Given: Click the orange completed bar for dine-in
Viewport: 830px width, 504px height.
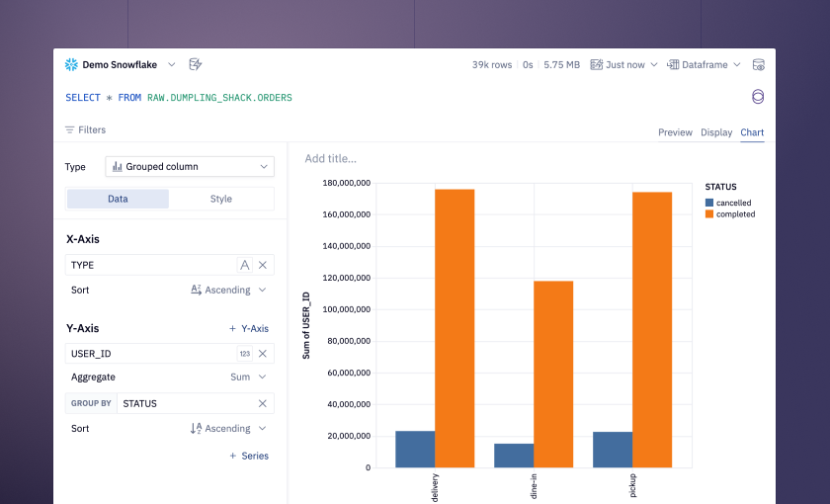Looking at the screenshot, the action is (553, 375).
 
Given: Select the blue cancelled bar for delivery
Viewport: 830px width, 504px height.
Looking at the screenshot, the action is (415, 450).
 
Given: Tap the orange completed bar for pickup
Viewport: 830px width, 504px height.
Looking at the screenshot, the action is (652, 330).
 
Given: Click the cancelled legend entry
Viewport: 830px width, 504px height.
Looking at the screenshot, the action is (728, 203).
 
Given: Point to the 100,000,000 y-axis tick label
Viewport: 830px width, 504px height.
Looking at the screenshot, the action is (346, 309).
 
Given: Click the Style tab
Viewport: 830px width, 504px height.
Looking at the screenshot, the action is (220, 199).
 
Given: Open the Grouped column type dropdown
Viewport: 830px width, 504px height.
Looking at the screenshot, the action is (190, 167).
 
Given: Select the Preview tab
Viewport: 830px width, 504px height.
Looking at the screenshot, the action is (675, 132).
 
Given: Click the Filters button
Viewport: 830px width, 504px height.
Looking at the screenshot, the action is (85, 129).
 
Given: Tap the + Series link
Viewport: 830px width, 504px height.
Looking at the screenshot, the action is (249, 456).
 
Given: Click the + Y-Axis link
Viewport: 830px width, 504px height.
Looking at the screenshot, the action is (249, 329).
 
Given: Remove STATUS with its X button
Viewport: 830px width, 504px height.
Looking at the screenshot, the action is (263, 403).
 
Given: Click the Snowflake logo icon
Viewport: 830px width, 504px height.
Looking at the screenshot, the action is (71, 64).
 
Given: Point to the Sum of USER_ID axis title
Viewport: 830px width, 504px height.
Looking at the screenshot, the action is (306, 325).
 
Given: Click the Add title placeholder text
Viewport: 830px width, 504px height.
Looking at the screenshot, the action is (330, 159).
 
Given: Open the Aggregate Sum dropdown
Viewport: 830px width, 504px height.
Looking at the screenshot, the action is (248, 377).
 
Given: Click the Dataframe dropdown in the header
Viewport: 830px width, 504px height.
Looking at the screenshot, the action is (704, 64).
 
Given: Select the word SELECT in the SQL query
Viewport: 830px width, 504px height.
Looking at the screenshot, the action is (83, 98).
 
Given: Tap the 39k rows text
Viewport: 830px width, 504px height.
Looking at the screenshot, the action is (492, 64).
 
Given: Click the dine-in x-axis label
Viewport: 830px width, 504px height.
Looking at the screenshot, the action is (534, 486).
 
